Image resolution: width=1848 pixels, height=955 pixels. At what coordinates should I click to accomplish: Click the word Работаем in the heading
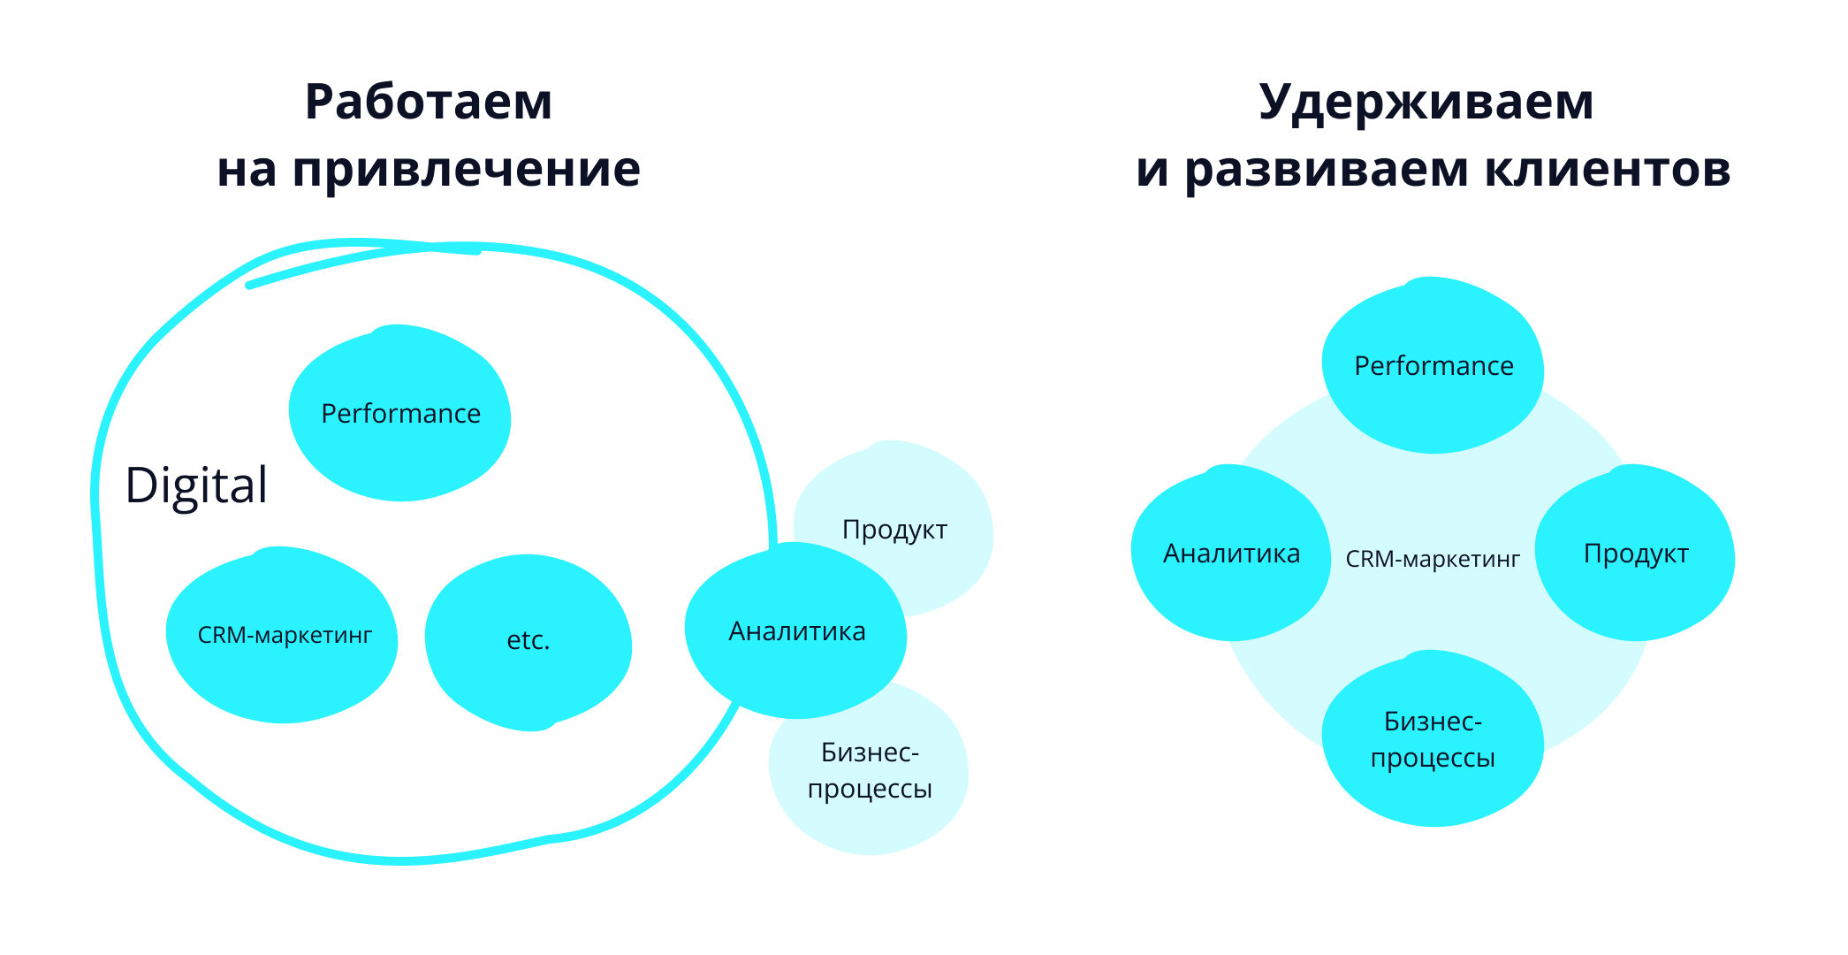[x=429, y=102]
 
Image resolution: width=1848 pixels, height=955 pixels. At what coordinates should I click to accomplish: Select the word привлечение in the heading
[x=466, y=170]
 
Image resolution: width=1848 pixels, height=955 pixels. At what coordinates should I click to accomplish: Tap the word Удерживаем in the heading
[x=1426, y=102]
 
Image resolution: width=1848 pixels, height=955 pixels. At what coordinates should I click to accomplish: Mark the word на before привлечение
[x=247, y=170]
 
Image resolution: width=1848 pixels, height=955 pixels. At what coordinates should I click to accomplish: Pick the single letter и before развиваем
[x=1152, y=170]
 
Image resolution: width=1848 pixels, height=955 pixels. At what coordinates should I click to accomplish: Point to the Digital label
[x=196, y=485]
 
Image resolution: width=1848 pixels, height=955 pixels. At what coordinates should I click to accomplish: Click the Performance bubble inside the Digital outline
[x=400, y=413]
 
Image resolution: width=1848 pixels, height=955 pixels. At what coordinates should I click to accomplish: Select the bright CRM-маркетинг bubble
[x=283, y=635]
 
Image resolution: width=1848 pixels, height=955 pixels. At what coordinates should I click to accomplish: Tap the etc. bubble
[x=529, y=640]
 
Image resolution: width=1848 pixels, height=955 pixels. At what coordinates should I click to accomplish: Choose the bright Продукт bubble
[x=1636, y=554]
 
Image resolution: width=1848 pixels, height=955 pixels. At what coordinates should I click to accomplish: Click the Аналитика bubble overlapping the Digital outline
[x=796, y=631]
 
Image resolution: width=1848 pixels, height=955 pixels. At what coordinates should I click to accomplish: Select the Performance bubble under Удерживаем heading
[x=1434, y=365]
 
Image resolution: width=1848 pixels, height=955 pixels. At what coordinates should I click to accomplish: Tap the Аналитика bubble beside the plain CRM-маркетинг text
[x=1231, y=554]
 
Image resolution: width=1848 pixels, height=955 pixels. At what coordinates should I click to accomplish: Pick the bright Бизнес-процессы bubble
[x=1433, y=739]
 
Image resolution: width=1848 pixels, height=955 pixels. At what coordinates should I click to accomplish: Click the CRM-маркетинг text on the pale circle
[x=1433, y=559]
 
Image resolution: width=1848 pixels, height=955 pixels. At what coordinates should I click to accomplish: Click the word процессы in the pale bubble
[x=870, y=788]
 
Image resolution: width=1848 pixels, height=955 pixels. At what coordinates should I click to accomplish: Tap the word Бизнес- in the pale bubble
[x=870, y=753]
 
